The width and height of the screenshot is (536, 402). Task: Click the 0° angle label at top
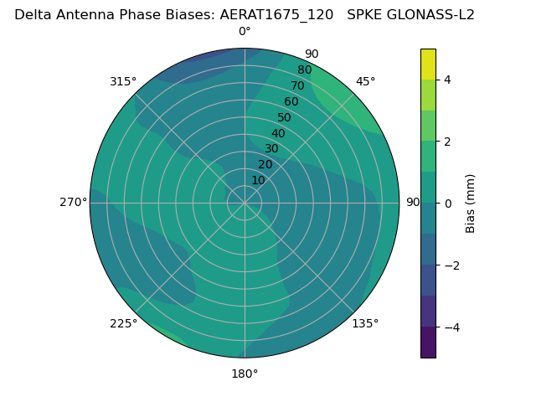245,32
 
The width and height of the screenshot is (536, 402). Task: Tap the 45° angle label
366,81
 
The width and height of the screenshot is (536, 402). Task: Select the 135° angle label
365,323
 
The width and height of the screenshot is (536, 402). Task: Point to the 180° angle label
245,374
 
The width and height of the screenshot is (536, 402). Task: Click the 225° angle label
123,323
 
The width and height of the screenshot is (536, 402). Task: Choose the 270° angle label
73,202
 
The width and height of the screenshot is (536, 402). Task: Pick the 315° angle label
123,81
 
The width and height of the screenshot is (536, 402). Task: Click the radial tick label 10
258,180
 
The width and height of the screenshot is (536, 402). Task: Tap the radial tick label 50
285,117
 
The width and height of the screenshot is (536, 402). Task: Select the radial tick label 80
304,70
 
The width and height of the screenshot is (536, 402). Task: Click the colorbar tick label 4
448,80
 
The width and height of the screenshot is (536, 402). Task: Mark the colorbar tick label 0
448,203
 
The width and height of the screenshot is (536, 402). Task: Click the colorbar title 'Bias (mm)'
471,203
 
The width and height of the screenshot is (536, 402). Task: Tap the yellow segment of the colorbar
428,64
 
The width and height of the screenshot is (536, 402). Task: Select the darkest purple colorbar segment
428,343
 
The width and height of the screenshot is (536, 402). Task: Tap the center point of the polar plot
245,203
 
